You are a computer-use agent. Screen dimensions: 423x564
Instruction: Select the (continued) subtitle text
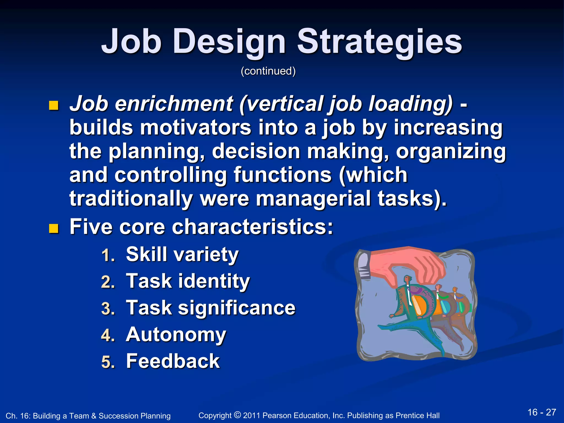coord(268,71)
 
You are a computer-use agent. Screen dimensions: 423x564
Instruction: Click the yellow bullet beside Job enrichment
coord(54,105)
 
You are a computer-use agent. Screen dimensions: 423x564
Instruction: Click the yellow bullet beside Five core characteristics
coord(54,228)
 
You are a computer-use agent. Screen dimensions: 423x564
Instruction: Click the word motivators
coord(196,128)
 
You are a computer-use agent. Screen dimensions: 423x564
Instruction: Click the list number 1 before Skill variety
coord(107,255)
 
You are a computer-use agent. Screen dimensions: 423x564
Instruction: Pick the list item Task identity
coord(188,281)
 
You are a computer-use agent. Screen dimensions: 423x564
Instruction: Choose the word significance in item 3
coord(237,308)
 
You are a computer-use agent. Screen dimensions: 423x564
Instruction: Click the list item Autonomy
coord(176,335)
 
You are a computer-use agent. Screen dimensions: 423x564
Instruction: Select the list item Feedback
coord(173,361)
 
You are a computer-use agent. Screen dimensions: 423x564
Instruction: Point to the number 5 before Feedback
coord(107,362)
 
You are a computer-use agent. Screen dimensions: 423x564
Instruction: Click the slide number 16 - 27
coord(542,412)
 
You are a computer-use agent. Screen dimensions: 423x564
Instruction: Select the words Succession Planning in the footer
coord(134,416)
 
